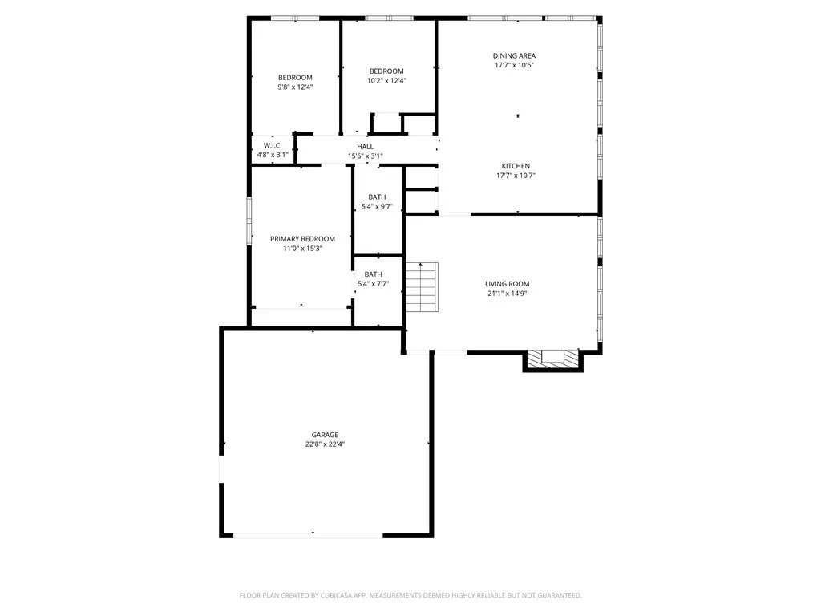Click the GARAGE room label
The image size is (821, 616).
pyautogui.click(x=325, y=435)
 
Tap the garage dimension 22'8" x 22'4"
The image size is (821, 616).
pyautogui.click(x=325, y=444)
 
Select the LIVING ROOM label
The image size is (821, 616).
pyautogui.click(x=507, y=284)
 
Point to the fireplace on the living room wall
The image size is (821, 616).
pyautogui.click(x=552, y=359)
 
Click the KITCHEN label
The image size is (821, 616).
pyautogui.click(x=515, y=166)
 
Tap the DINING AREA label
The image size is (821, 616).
pyautogui.click(x=514, y=55)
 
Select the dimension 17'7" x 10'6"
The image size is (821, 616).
pyautogui.click(x=514, y=65)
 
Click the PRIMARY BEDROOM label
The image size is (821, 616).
pyautogui.click(x=302, y=239)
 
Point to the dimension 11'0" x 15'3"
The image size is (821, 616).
pyautogui.click(x=302, y=249)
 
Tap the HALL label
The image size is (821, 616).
pyautogui.click(x=366, y=146)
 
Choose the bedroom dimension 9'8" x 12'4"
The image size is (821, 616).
pyautogui.click(x=295, y=87)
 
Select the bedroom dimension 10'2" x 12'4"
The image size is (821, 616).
pyautogui.click(x=386, y=80)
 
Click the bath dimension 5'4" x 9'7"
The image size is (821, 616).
pyautogui.click(x=377, y=206)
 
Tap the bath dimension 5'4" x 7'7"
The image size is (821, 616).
pyautogui.click(x=373, y=283)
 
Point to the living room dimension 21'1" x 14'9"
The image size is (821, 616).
pyautogui.click(x=507, y=294)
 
